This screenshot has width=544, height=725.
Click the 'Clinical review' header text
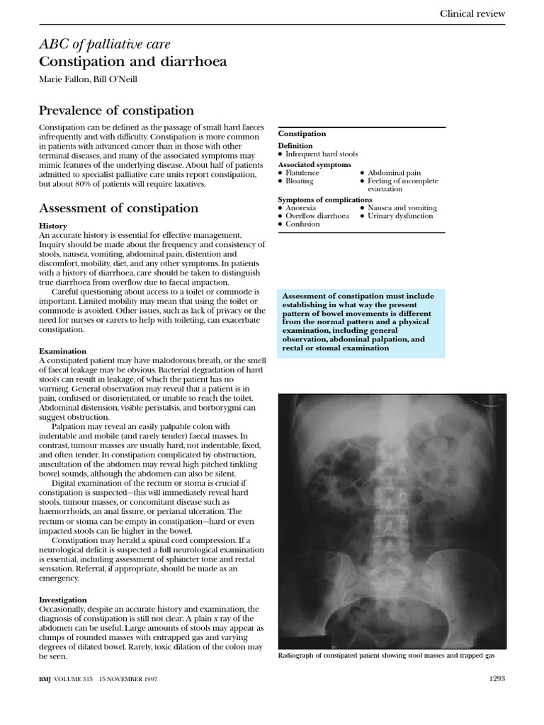pyautogui.click(x=472, y=13)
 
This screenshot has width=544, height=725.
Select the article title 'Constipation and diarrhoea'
pyautogui.click(x=132, y=62)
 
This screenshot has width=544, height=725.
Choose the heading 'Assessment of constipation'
pyautogui.click(x=118, y=208)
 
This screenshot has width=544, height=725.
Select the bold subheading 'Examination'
pyautogui.click(x=62, y=351)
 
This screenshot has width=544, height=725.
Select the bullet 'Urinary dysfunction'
pyautogui.click(x=400, y=216)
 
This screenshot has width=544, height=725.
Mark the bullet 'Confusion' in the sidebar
pyautogui.click(x=302, y=224)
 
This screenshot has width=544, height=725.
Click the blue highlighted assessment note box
pyautogui.click(x=361, y=323)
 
